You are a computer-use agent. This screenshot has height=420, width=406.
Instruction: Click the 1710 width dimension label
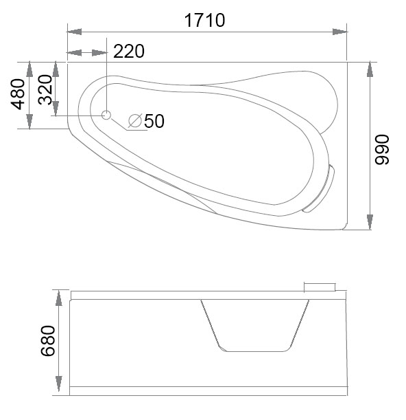205,21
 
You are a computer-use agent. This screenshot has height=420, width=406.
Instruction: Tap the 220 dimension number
129,51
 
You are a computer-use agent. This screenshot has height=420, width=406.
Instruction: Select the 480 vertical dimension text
19,94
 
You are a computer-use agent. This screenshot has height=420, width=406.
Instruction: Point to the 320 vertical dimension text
45,89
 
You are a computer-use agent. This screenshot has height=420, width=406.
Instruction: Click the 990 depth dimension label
382,150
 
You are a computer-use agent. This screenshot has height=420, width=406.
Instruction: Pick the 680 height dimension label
48,341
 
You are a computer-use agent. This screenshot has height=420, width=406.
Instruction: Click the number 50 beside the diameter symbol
154,121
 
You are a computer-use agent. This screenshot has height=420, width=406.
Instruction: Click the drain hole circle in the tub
106,115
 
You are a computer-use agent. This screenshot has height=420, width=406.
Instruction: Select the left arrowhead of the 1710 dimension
74,32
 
